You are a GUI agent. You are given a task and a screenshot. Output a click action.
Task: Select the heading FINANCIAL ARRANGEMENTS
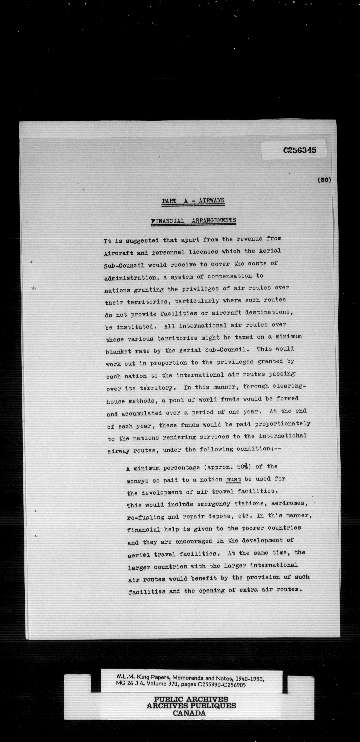pos(193,221)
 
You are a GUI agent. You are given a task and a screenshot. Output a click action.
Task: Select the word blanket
pos(119,351)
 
